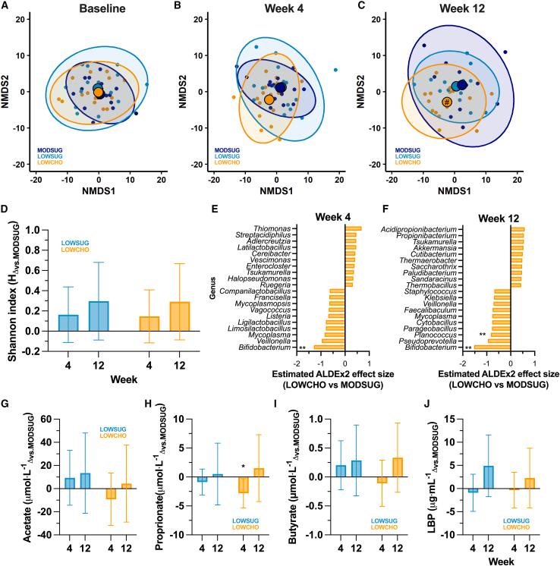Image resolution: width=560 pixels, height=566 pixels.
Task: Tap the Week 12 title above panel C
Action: point(452,9)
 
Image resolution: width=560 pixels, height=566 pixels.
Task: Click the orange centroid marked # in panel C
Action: point(448,102)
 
